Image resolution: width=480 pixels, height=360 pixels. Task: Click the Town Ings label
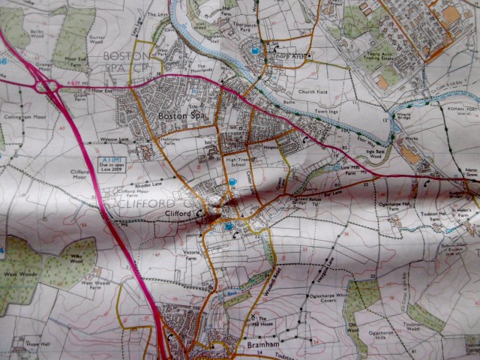pyautogui.click(x=328, y=112)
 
